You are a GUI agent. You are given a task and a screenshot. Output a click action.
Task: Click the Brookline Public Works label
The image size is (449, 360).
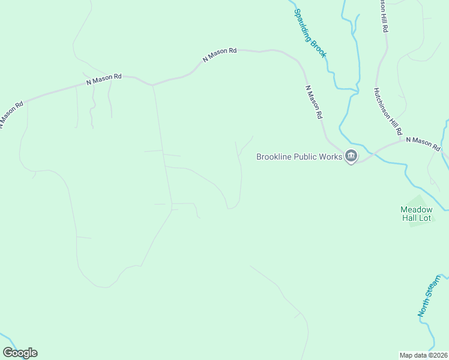coord(299,157)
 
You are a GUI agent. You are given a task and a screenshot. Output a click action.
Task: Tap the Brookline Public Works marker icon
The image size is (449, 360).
coord(351,157)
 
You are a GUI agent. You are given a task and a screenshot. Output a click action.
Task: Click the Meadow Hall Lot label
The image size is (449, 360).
coord(416,214)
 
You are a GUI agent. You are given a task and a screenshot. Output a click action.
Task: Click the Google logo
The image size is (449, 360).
coord(20,353)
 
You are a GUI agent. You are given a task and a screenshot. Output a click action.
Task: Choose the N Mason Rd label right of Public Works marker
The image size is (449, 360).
coord(423,144)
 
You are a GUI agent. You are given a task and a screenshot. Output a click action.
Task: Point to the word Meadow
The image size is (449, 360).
coord(416,209)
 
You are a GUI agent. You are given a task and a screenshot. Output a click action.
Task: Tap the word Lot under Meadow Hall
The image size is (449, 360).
coord(425,218)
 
